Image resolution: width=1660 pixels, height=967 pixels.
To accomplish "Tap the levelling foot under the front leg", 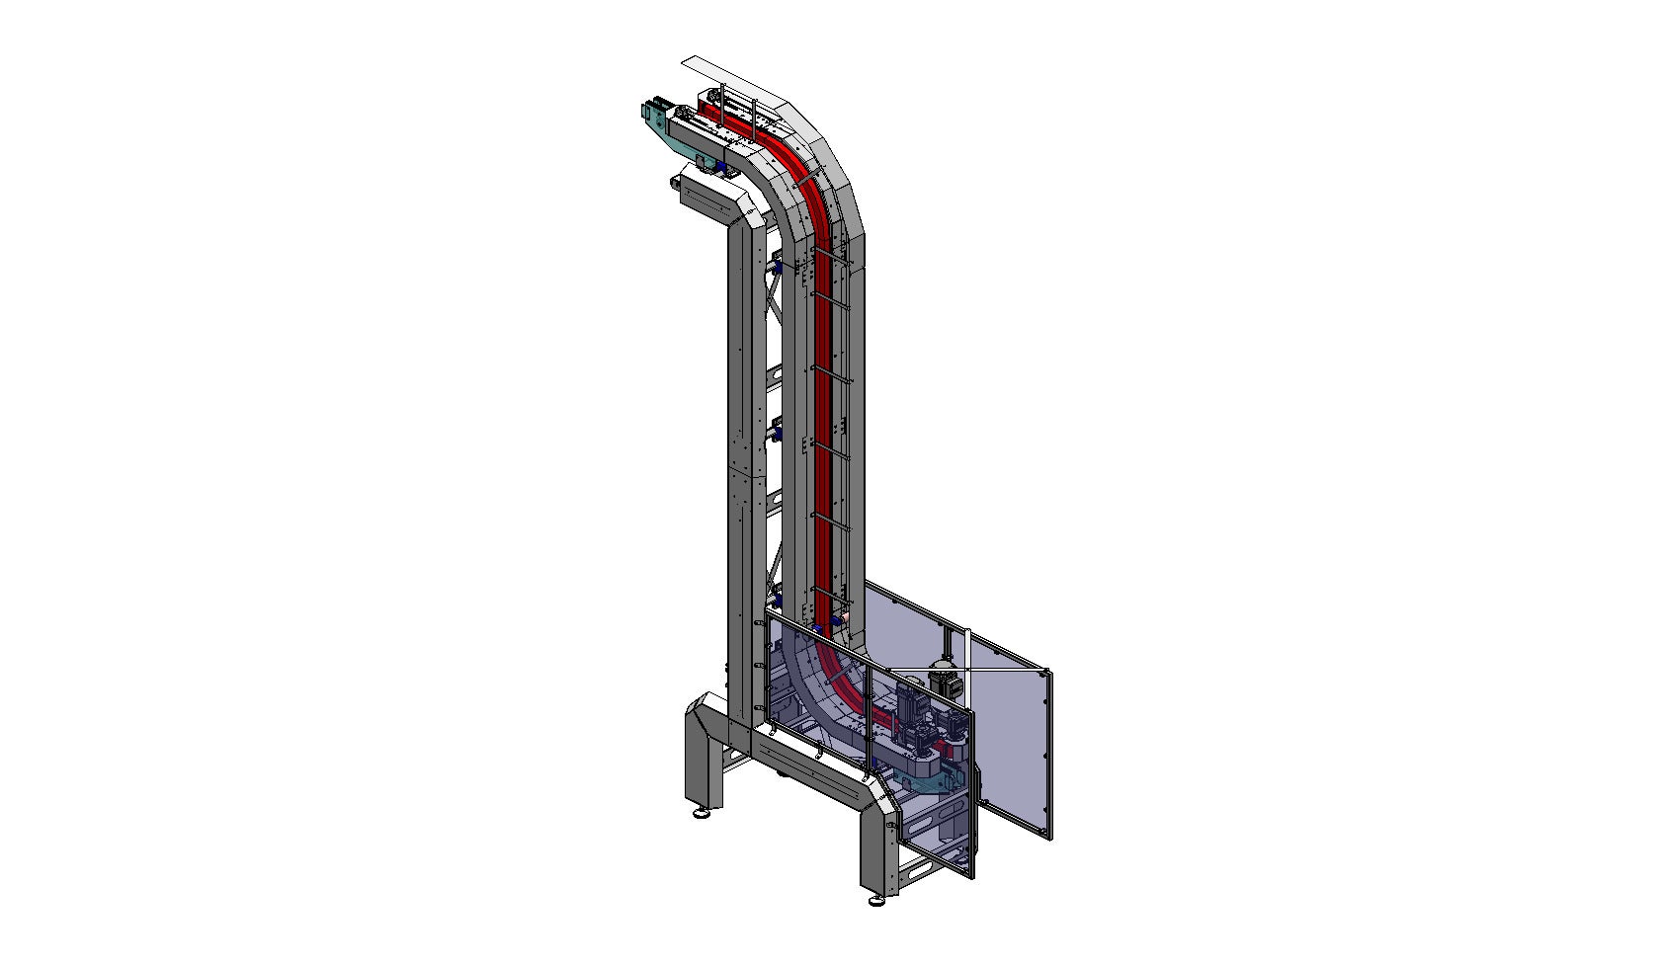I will [875, 900].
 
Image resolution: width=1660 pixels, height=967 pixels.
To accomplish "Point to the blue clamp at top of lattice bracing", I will [778, 268].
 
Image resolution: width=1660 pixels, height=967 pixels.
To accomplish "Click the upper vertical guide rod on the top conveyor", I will [722, 104].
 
